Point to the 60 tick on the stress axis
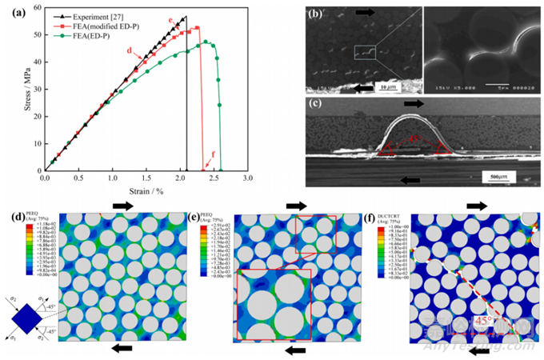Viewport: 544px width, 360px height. point(34,10)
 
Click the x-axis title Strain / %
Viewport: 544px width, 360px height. point(140,190)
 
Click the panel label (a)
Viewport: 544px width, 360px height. point(15,8)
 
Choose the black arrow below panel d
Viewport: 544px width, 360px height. point(119,347)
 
